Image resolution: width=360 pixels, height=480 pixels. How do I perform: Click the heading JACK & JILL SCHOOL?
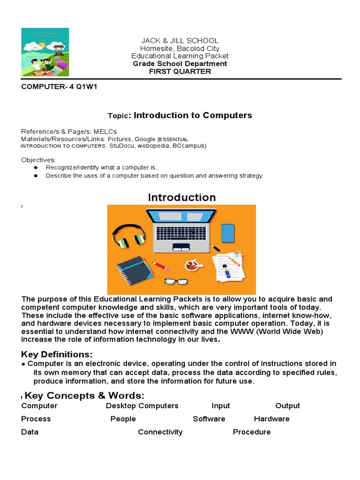pos(180,41)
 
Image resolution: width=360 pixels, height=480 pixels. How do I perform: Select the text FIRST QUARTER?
pos(180,72)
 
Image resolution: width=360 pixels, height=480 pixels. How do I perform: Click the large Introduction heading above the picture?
pos(182,197)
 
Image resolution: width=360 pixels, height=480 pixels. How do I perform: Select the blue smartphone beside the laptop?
pos(228,232)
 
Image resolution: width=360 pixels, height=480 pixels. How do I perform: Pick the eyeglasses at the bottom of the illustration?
pos(176,282)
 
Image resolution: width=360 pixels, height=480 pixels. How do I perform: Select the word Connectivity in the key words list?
pos(160,432)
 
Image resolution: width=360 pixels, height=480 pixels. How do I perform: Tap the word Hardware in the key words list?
pos(271,419)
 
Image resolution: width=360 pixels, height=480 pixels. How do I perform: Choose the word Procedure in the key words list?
pos(252,432)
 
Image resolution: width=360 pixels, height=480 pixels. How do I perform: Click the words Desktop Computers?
pos(142,406)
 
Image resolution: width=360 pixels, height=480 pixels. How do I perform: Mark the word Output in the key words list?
pos(287,406)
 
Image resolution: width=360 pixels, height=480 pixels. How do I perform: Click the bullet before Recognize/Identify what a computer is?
pos(35,167)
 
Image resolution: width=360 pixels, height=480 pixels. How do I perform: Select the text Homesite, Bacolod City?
pos(180,49)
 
